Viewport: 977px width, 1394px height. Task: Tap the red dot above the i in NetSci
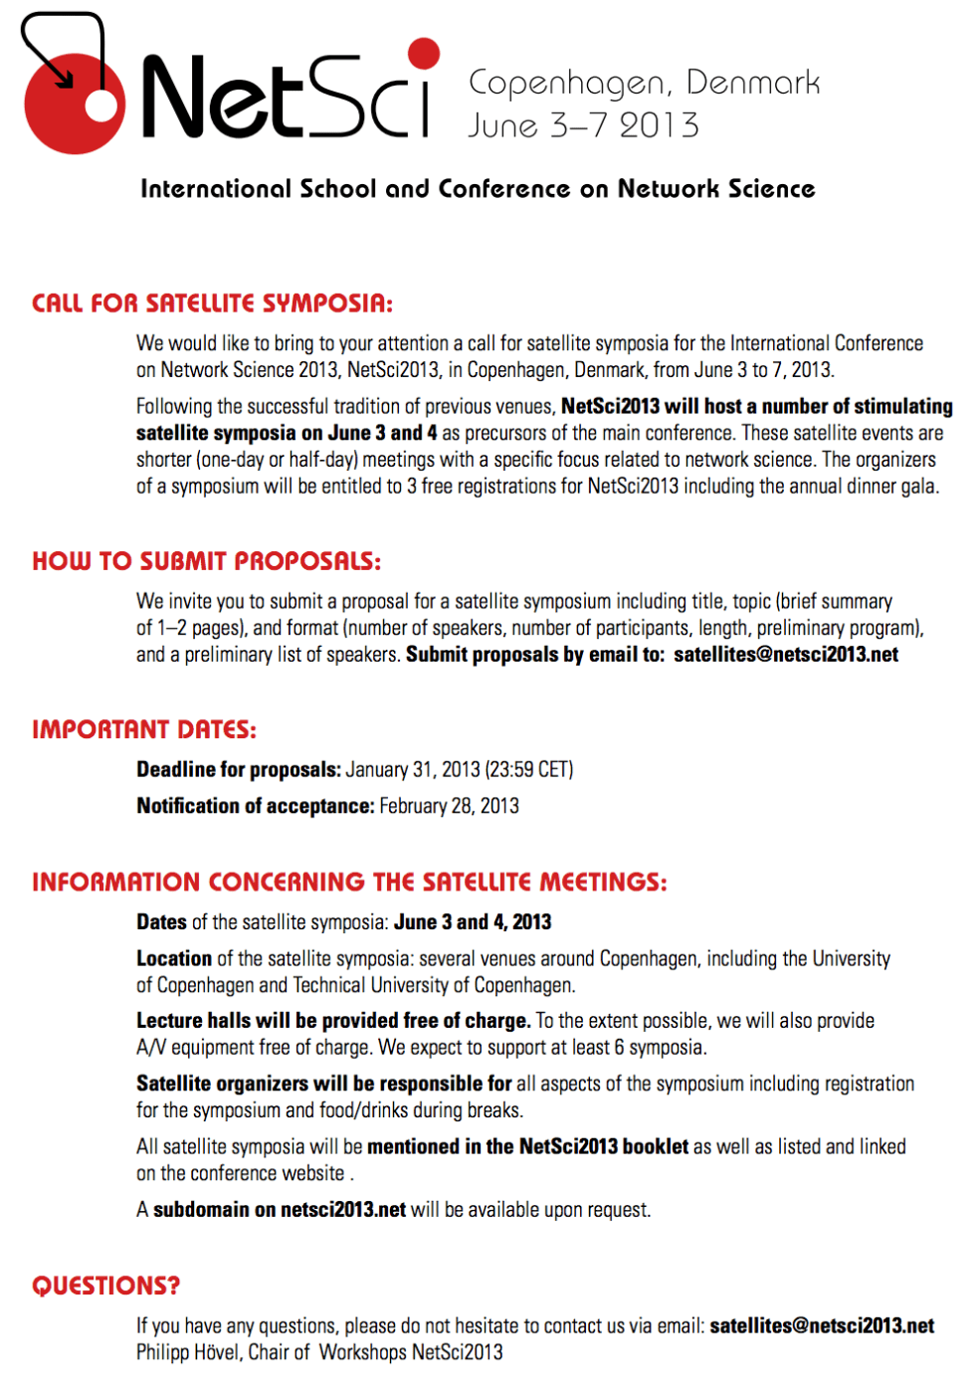click(x=424, y=54)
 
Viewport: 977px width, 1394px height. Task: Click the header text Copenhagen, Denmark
click(x=644, y=83)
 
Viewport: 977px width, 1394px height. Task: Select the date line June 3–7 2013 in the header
click(x=583, y=125)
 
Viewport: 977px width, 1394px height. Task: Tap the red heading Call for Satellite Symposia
click(x=212, y=303)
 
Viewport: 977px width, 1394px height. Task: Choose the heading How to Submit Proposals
click(x=206, y=561)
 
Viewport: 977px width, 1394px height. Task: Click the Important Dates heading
click(x=143, y=729)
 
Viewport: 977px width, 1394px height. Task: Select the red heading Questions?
click(x=105, y=1286)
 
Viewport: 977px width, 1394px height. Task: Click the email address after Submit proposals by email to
click(x=786, y=655)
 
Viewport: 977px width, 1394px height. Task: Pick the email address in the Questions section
click(x=822, y=1325)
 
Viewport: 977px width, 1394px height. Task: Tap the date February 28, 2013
click(x=449, y=806)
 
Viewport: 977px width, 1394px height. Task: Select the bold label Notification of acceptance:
click(x=255, y=806)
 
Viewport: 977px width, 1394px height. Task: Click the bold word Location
click(x=174, y=958)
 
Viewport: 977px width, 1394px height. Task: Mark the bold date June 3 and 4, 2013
click(x=473, y=922)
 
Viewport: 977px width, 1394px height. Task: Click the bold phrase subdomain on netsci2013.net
click(x=280, y=1210)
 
